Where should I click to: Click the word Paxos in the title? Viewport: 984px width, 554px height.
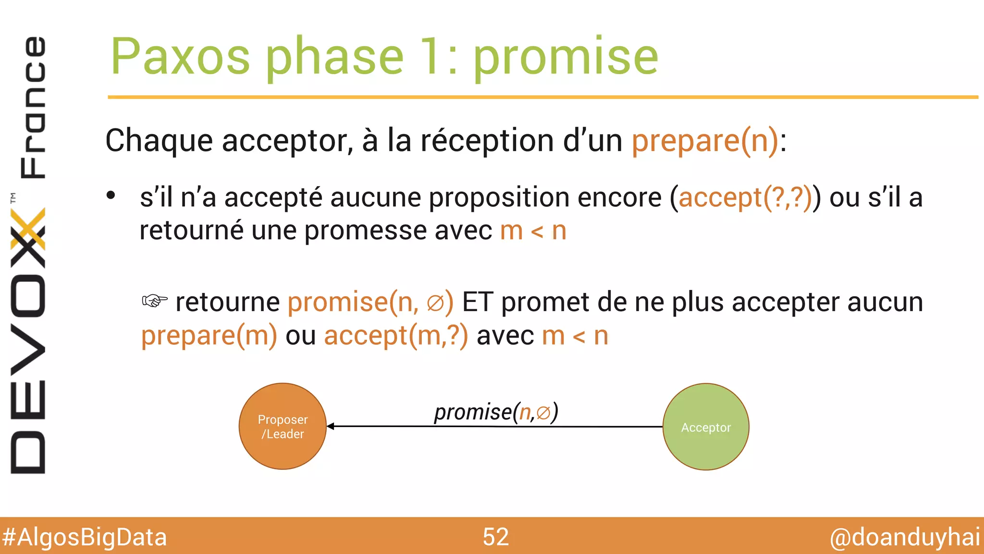tap(180, 57)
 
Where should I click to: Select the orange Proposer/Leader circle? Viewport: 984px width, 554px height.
tap(283, 426)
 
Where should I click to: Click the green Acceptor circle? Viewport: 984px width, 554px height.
tap(706, 427)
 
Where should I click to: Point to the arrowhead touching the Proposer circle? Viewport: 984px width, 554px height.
tap(331, 426)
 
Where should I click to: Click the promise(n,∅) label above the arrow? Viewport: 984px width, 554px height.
tap(496, 412)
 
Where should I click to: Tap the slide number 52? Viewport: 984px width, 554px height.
tap(495, 537)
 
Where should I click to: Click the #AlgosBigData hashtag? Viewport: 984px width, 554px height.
tap(85, 537)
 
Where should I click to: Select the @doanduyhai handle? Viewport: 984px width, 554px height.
tap(905, 537)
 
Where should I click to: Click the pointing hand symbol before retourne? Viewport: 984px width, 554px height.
tap(155, 301)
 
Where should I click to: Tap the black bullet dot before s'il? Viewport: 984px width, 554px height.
tap(111, 196)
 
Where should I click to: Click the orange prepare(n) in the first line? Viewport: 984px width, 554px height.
tap(705, 140)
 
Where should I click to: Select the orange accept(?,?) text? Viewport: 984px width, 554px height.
tap(745, 198)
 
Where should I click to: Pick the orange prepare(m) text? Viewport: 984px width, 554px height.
tap(209, 335)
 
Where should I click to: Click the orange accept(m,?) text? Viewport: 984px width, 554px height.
tap(396, 335)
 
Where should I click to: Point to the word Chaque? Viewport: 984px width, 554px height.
tap(159, 141)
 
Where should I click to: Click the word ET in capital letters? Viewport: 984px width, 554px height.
tap(477, 302)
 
